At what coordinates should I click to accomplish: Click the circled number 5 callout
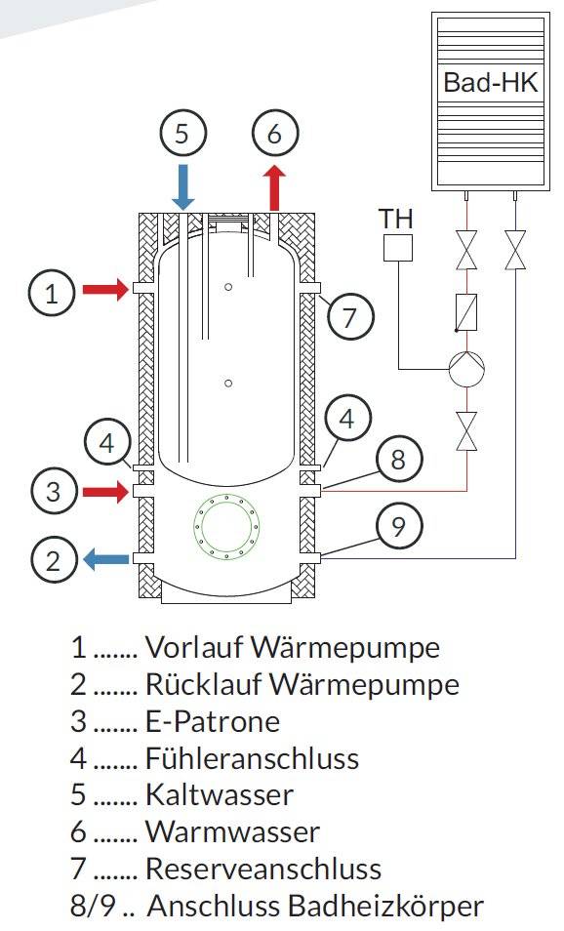(182, 133)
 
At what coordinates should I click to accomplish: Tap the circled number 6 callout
(274, 133)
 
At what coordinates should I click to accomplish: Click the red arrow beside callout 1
(105, 290)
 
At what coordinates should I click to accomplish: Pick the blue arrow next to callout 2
(105, 559)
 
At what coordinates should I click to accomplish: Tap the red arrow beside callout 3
(105, 492)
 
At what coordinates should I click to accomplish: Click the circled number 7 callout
(349, 316)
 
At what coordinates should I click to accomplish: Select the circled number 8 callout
(398, 459)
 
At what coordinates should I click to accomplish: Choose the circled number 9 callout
(398, 525)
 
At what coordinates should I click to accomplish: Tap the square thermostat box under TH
(398, 248)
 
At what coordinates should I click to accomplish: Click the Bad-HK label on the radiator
(491, 83)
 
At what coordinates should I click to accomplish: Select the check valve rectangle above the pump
(466, 312)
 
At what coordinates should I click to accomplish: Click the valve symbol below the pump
(466, 430)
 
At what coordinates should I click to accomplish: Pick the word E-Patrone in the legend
(213, 721)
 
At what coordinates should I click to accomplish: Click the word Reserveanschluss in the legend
(263, 869)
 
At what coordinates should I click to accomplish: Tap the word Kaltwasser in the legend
(220, 795)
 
